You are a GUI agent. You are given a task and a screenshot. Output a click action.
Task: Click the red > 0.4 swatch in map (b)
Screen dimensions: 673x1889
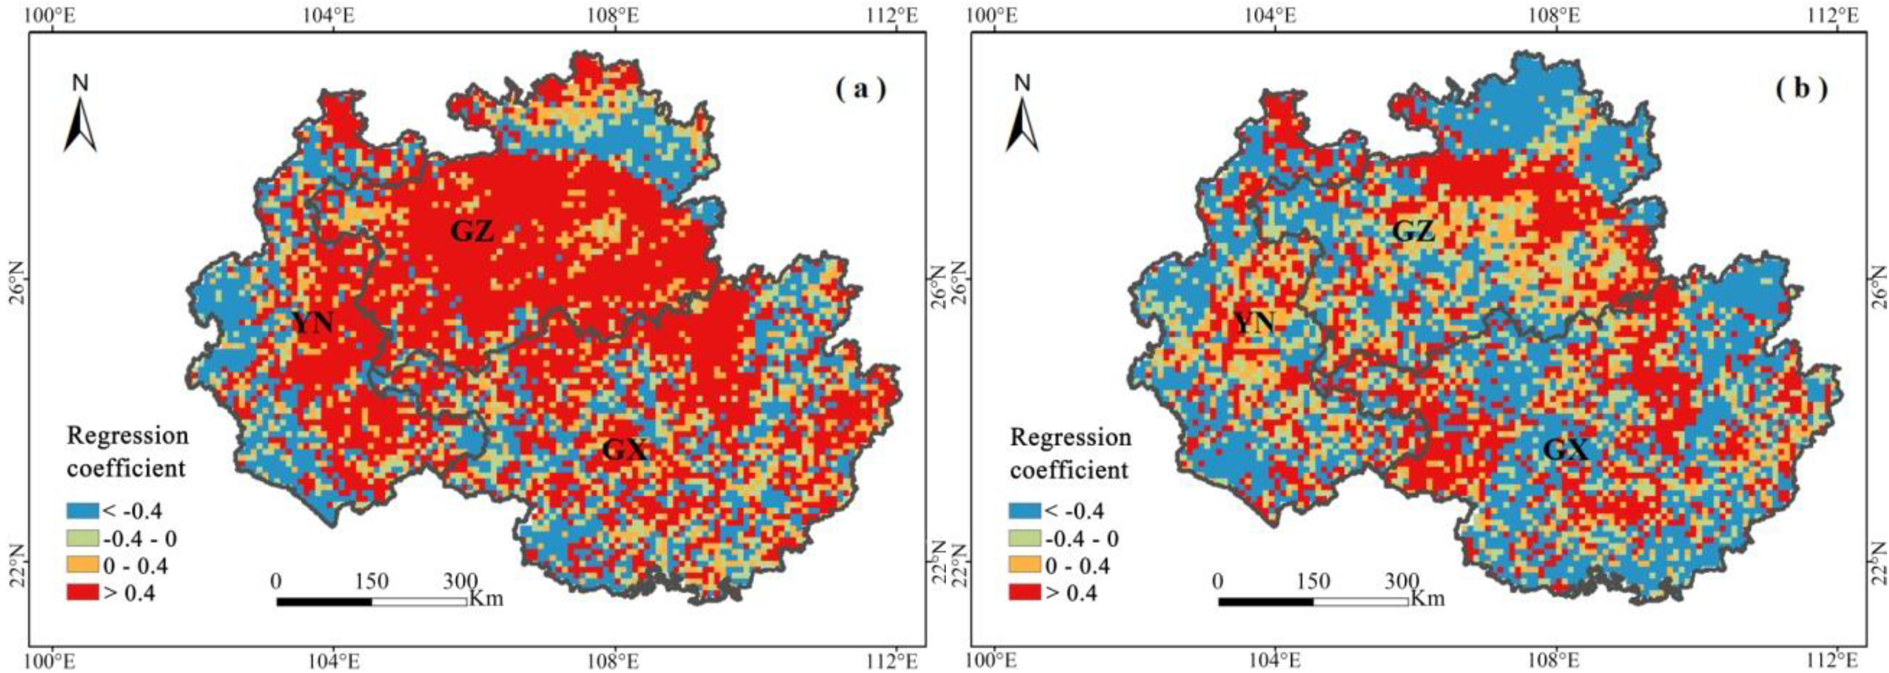(x=1025, y=592)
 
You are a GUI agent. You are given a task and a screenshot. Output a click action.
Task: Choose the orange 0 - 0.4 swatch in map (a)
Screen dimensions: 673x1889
(x=81, y=565)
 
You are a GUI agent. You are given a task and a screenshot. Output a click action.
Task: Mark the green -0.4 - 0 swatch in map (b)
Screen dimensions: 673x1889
(x=1025, y=538)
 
